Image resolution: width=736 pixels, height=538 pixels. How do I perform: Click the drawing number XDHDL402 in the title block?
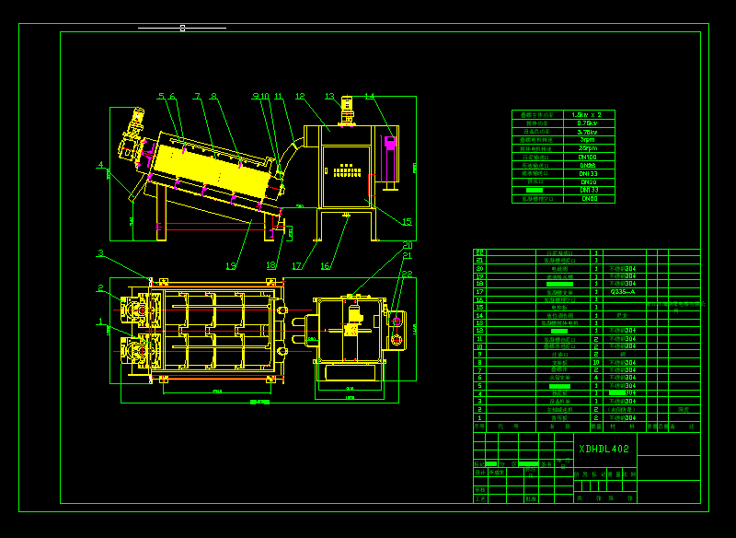[x=604, y=450]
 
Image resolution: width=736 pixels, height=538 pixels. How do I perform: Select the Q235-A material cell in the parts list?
[x=623, y=291]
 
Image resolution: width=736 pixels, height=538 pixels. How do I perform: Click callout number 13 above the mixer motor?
[x=329, y=96]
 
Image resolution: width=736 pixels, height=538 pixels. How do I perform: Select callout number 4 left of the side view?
[x=100, y=165]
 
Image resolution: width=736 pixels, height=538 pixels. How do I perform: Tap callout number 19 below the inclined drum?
[x=230, y=266]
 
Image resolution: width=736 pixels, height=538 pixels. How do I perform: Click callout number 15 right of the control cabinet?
[x=407, y=221]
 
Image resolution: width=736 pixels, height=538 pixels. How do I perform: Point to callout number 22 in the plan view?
[x=407, y=274]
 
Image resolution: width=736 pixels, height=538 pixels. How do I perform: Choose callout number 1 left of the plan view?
[x=100, y=322]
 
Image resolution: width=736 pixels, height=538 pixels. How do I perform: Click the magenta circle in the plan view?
[x=397, y=321]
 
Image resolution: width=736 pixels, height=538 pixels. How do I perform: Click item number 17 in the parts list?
[x=479, y=291]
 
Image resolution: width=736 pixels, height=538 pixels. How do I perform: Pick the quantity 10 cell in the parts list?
[x=596, y=362]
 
